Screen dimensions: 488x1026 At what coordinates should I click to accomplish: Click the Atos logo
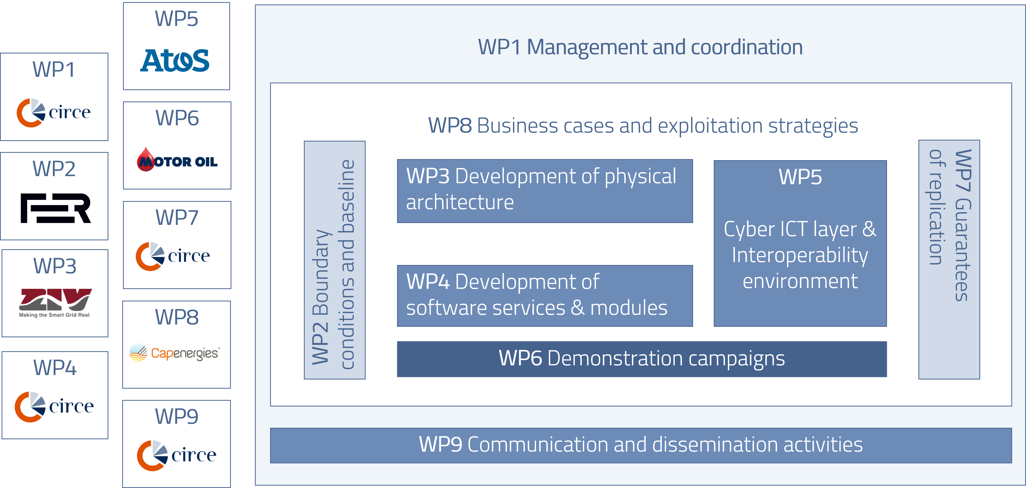(x=175, y=61)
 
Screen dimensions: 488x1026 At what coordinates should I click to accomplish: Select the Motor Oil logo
(x=177, y=160)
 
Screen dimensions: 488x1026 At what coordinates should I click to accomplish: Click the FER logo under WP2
(x=55, y=208)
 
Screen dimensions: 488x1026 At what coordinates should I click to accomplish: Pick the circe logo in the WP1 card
(x=53, y=112)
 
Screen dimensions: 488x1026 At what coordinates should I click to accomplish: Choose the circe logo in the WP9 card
(x=176, y=455)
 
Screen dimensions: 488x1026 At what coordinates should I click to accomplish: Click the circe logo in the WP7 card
(x=173, y=256)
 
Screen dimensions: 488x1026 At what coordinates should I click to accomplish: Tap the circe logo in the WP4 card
(x=54, y=406)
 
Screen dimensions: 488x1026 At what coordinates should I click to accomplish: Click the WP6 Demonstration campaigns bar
(x=642, y=359)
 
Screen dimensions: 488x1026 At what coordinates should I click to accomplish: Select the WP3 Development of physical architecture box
(x=544, y=191)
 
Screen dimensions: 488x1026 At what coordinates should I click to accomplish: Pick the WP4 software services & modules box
(x=544, y=295)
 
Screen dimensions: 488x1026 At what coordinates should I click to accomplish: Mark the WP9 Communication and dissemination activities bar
(x=640, y=445)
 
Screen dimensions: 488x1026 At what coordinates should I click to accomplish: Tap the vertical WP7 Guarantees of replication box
(x=949, y=259)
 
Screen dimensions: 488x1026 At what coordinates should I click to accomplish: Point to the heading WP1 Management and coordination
(x=640, y=47)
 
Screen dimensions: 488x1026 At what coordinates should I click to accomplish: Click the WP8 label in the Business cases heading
(x=450, y=126)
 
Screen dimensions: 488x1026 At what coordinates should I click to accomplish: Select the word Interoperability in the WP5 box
(x=800, y=255)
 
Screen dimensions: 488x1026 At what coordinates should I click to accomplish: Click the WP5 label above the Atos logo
(x=176, y=19)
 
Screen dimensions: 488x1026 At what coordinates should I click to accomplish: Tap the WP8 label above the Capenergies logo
(x=176, y=317)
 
